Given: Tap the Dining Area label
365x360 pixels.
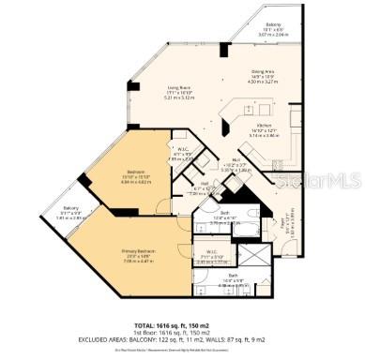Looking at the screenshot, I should click(x=262, y=71).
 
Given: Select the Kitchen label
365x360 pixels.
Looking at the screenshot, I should click(x=262, y=130).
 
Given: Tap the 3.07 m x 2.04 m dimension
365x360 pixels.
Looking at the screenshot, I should click(x=273, y=36).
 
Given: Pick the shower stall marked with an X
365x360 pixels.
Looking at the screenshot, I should click(x=251, y=255).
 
